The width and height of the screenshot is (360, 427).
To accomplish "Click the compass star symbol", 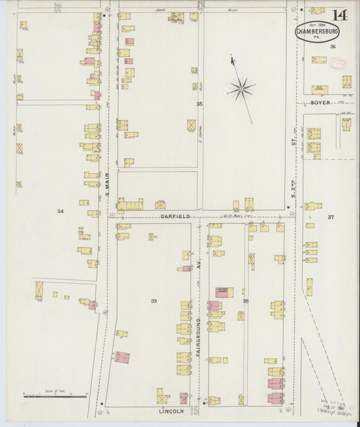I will pyautogui.click(x=241, y=87).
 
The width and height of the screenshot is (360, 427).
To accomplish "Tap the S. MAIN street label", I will pyautogui.click(x=107, y=183).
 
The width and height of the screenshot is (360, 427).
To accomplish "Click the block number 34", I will pyautogui.click(x=60, y=211).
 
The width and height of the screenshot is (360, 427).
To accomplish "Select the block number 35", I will pyautogui.click(x=199, y=103).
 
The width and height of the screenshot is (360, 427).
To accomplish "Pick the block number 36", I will pyautogui.click(x=332, y=47).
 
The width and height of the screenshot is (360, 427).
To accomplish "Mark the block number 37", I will pyautogui.click(x=330, y=217).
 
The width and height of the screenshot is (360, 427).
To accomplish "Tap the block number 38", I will pyautogui.click(x=246, y=300).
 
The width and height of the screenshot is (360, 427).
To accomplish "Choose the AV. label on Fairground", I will pyautogui.click(x=200, y=268).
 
